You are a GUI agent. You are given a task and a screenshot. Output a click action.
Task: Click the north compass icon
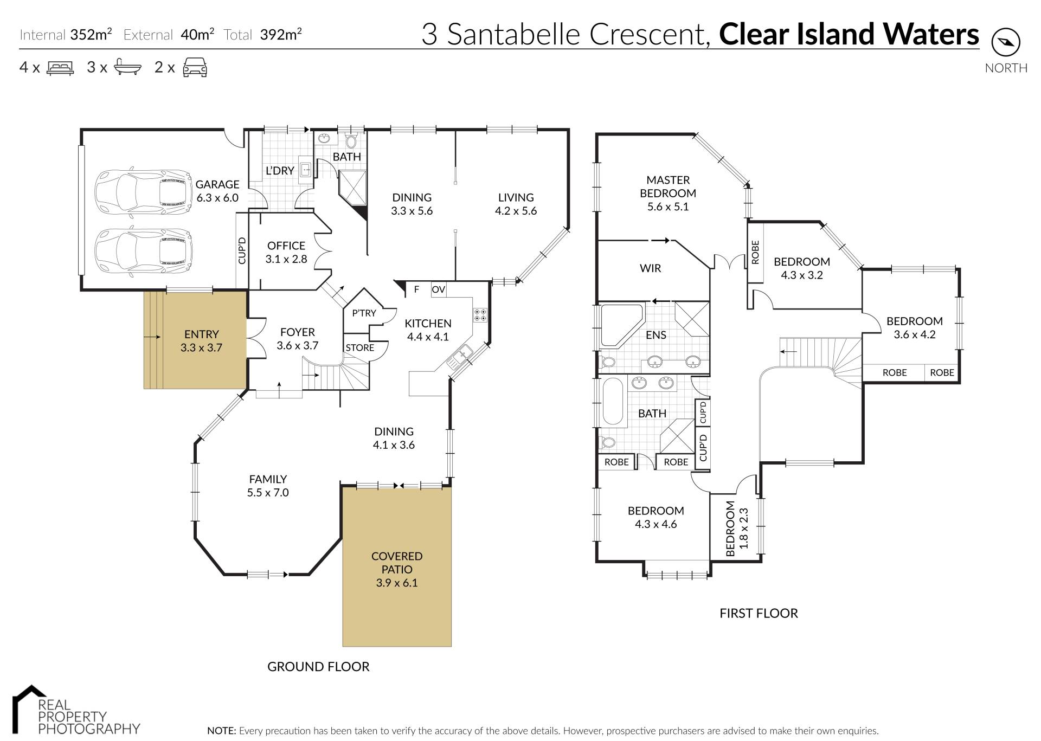point(1006,42)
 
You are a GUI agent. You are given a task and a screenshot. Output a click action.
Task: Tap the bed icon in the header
point(60,68)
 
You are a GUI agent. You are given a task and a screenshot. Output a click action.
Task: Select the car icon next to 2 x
point(195,68)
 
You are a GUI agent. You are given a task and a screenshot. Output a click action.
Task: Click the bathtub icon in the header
point(128,68)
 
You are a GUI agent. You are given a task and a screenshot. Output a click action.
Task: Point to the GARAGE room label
point(217,184)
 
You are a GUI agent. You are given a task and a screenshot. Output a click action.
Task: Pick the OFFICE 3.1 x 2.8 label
point(286,252)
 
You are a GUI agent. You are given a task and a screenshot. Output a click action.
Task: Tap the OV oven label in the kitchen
point(438,289)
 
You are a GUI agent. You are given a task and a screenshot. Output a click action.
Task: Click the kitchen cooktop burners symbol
point(480,315)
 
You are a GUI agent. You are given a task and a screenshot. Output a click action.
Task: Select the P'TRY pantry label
point(364,313)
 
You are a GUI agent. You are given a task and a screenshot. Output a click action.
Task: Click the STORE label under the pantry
point(360,347)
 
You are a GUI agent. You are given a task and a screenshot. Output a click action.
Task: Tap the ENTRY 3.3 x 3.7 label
point(201,341)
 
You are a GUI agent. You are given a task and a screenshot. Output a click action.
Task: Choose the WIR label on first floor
point(651,268)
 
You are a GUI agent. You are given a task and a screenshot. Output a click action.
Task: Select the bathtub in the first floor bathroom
point(614,401)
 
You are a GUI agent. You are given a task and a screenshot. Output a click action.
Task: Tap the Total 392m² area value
point(281,34)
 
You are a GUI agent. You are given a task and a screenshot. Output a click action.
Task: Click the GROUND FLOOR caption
point(318,667)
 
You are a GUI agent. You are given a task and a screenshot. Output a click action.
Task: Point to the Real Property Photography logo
point(76,710)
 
